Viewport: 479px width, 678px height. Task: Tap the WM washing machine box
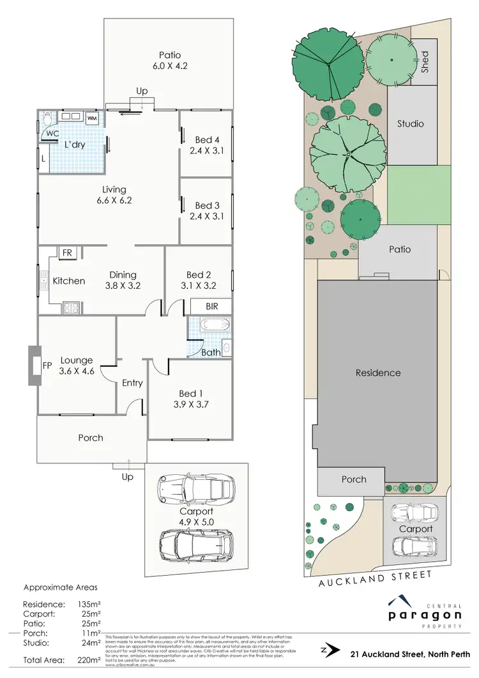(92, 118)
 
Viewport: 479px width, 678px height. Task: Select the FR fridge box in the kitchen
(66, 253)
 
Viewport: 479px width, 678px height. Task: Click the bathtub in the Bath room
(208, 325)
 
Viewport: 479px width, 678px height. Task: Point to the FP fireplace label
(47, 366)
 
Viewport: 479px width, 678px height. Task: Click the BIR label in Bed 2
(211, 306)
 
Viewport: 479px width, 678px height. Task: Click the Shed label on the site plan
(425, 62)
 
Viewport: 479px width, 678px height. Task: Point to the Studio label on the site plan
(411, 123)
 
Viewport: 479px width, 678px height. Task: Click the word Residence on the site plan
(378, 373)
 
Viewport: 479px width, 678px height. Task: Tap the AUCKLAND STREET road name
(375, 576)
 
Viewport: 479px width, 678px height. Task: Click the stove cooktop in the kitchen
(69, 307)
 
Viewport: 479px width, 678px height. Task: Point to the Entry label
(132, 383)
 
